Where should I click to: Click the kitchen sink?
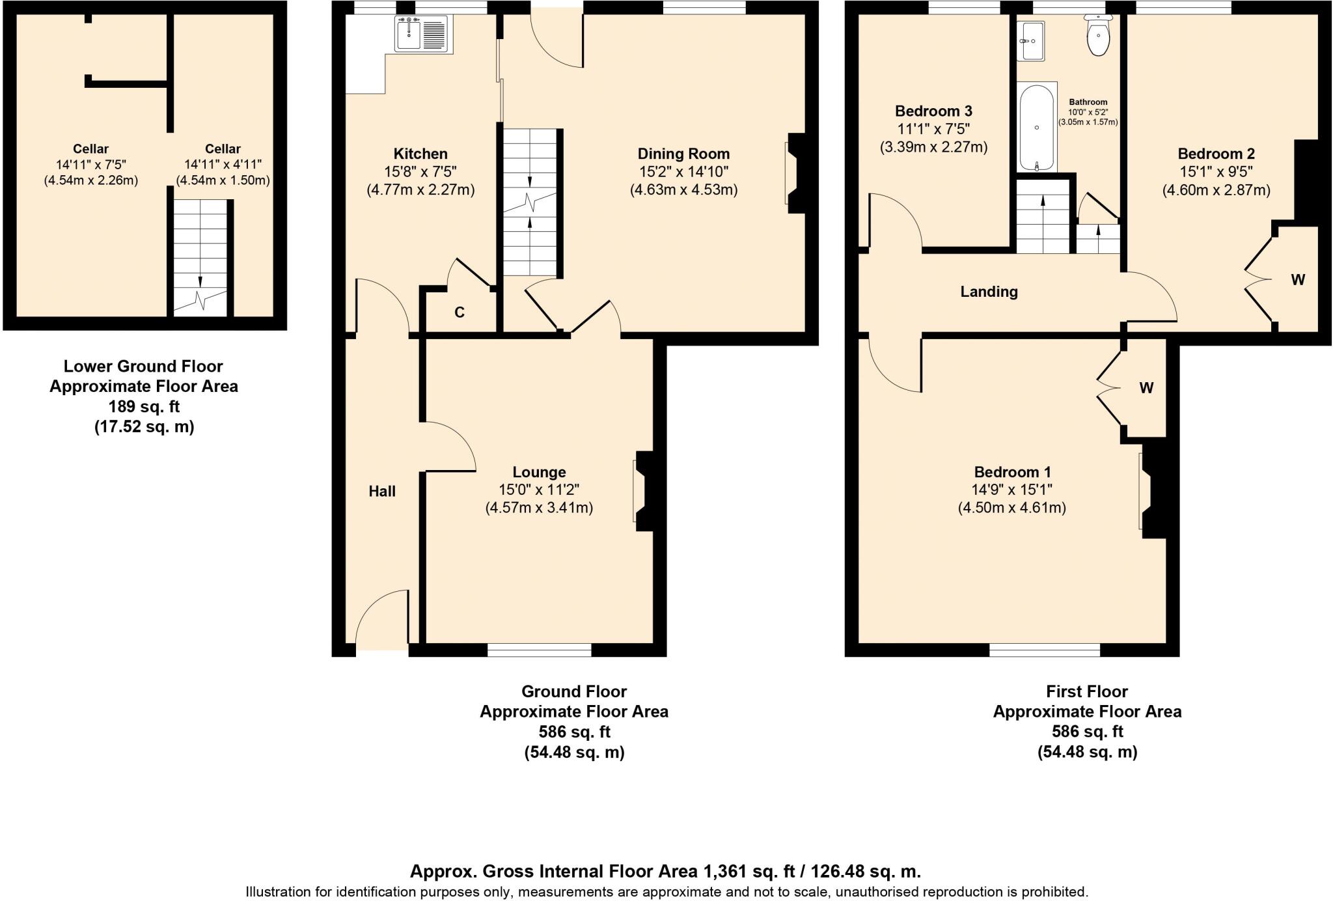point(421,33)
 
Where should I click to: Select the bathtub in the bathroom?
point(1036,128)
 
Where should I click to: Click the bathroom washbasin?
point(1032,40)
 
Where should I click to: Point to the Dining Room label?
point(683,154)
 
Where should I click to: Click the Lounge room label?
point(539,472)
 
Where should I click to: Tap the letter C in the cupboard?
point(460,312)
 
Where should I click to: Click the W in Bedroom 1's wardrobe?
point(1146,389)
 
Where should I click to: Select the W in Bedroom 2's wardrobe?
point(1297,280)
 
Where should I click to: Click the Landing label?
point(989,292)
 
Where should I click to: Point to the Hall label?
point(382,492)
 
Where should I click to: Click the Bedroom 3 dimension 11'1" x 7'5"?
point(933,129)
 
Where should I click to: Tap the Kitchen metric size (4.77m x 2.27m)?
point(420,190)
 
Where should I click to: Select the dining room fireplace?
point(795,173)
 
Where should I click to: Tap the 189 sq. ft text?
point(144,407)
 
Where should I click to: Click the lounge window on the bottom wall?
point(540,649)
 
